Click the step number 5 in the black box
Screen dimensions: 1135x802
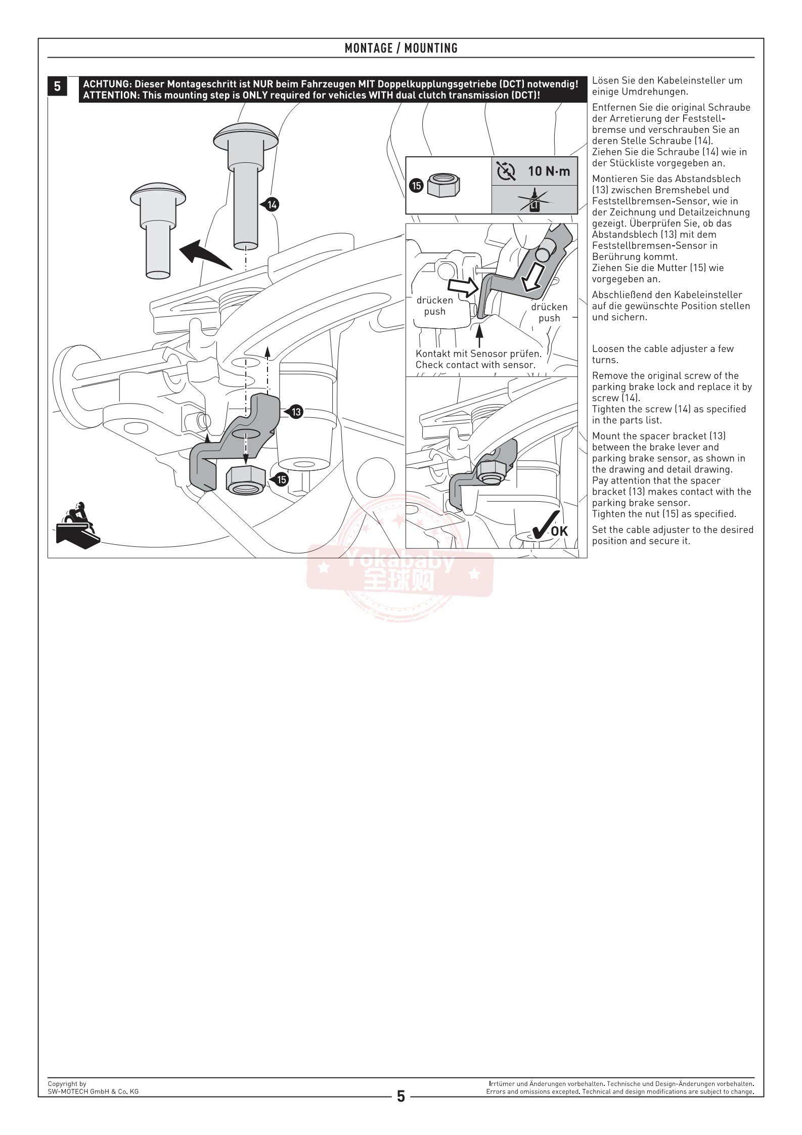pyautogui.click(x=57, y=86)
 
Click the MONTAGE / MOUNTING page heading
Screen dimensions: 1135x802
pyautogui.click(x=401, y=48)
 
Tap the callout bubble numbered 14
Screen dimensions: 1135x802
pyautogui.click(x=272, y=204)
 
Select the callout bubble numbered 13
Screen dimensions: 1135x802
pyautogui.click(x=296, y=412)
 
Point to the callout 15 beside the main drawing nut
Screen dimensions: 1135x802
pyautogui.click(x=281, y=479)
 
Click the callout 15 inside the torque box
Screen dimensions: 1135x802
pyautogui.click(x=416, y=186)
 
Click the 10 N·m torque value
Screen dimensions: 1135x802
pyautogui.click(x=549, y=171)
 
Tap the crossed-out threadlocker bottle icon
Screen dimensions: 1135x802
pyautogui.click(x=534, y=200)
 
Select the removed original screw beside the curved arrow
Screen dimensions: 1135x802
pyautogui.click(x=158, y=228)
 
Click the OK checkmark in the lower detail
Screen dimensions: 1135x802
pyautogui.click(x=550, y=527)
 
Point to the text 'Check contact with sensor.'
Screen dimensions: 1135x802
pyautogui.click(x=475, y=365)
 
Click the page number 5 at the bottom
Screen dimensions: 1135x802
pyautogui.click(x=401, y=1096)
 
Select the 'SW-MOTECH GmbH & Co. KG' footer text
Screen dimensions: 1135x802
pyautogui.click(x=93, y=1091)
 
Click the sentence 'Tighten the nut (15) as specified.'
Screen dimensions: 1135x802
pyautogui.click(x=664, y=514)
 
